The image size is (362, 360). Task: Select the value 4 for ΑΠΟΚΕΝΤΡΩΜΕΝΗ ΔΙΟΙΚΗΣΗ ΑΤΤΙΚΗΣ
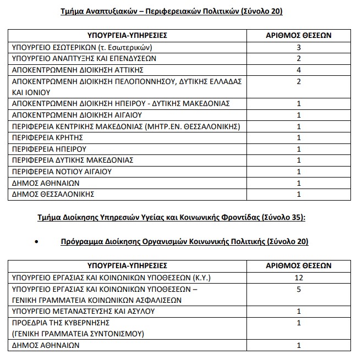(x=299, y=69)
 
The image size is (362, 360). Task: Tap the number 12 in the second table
(x=299, y=278)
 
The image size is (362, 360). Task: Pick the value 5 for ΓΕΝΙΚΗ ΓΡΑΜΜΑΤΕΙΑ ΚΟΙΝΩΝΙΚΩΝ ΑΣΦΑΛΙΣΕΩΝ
(x=299, y=289)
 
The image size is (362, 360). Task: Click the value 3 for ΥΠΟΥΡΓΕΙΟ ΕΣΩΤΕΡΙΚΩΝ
(x=299, y=47)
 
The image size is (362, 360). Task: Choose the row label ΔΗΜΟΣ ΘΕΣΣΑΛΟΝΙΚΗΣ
(x=53, y=194)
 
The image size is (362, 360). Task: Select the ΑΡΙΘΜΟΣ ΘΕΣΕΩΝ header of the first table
(x=299, y=35)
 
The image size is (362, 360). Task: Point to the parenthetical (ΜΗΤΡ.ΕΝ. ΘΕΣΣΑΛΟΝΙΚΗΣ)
(x=194, y=126)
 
